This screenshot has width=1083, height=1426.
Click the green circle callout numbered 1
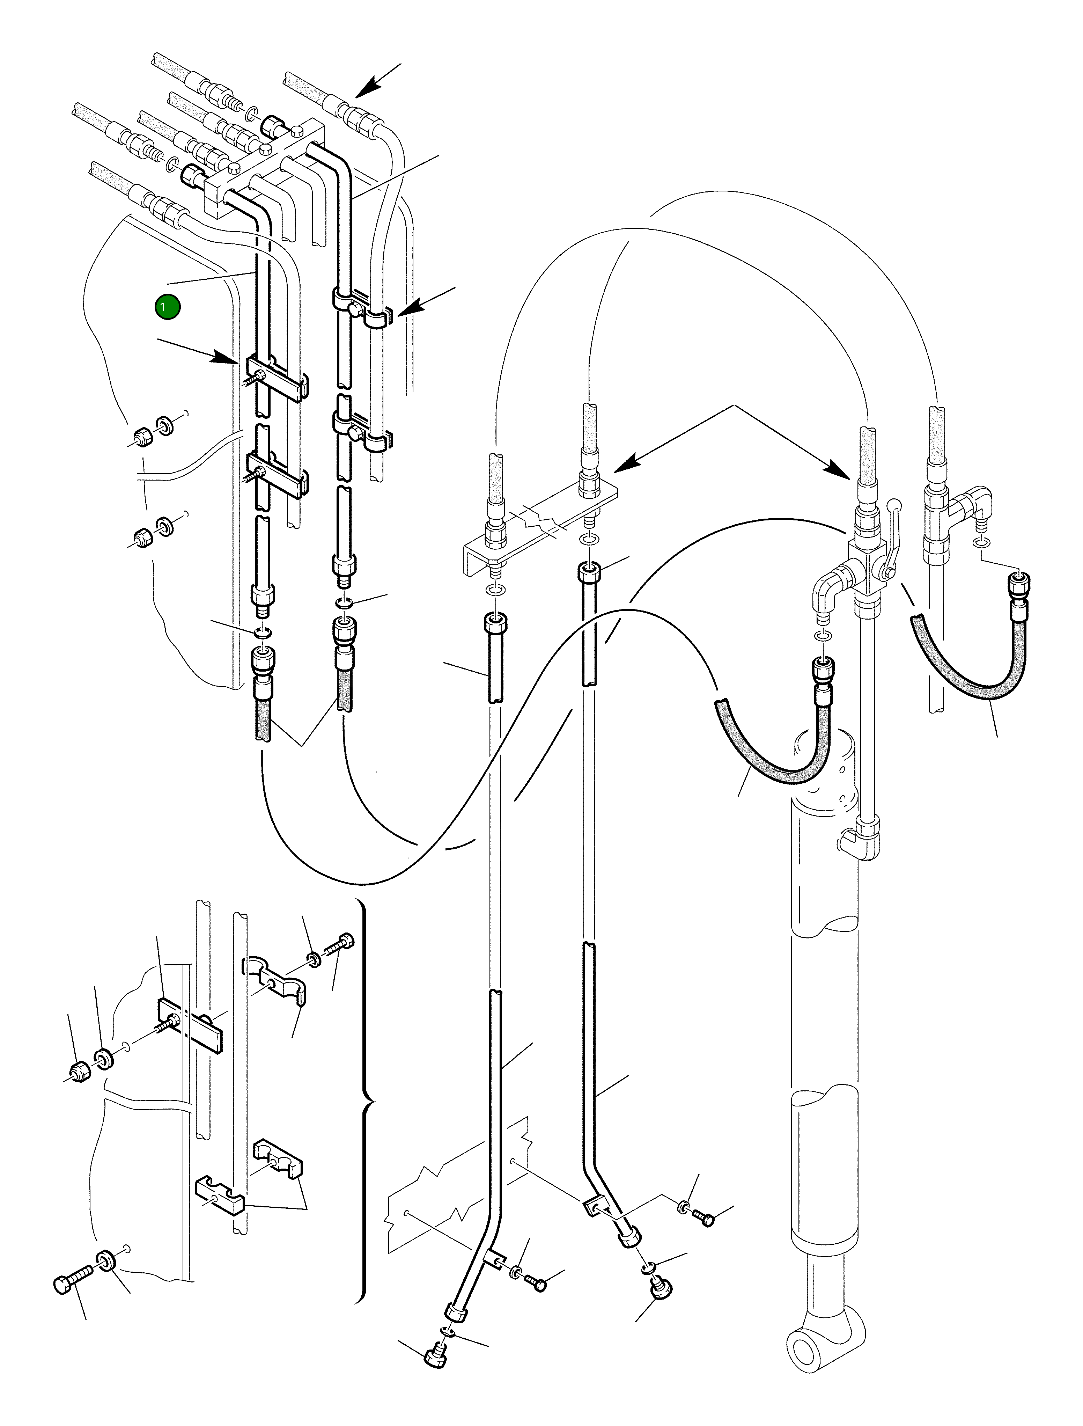(167, 307)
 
